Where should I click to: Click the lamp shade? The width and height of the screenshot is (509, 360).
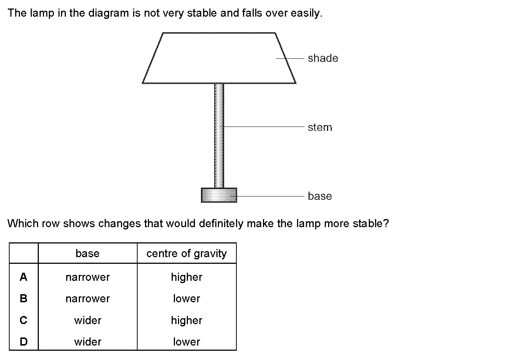[219, 58]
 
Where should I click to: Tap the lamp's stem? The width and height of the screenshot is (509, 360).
[219, 136]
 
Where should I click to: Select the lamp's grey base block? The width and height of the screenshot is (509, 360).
[219, 195]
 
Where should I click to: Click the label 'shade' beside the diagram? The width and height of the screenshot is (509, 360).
[323, 58]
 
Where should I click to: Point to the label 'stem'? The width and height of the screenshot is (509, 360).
[320, 127]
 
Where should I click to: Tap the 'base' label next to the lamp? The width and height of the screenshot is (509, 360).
[320, 196]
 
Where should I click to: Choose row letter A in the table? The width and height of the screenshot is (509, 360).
[23, 277]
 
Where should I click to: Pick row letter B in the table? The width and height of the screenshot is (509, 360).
[23, 298]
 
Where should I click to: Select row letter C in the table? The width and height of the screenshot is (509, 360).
[23, 320]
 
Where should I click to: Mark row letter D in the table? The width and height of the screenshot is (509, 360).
[24, 342]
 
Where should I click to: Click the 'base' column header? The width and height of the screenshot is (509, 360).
[87, 253]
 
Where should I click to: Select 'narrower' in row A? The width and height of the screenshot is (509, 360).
[88, 277]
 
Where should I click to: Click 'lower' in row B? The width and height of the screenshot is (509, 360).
[186, 299]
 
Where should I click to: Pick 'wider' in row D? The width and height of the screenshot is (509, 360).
[88, 342]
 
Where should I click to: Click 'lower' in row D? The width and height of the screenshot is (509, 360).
[186, 342]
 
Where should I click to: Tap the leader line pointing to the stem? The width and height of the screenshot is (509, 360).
[264, 127]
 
